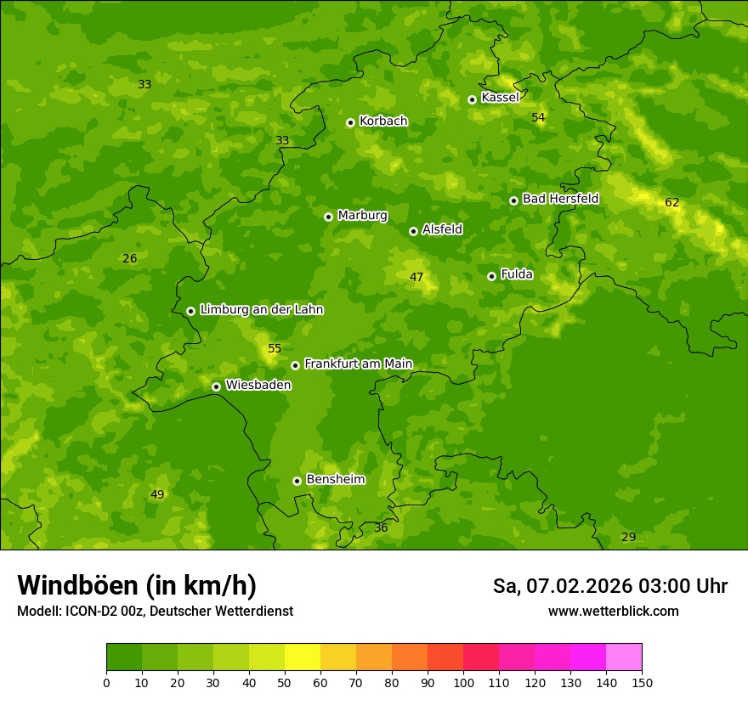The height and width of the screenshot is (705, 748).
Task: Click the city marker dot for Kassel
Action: click(x=472, y=99)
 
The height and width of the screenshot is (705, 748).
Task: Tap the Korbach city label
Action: click(x=383, y=121)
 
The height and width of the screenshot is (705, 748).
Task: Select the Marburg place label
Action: click(x=362, y=216)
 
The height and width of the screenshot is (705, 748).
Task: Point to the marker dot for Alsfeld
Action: click(x=413, y=231)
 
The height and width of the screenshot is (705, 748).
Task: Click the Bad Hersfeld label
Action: click(x=560, y=199)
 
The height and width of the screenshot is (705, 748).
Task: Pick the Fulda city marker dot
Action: click(x=491, y=276)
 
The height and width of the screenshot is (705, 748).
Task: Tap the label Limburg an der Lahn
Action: click(x=261, y=310)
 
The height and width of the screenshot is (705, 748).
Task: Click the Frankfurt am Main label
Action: click(x=358, y=364)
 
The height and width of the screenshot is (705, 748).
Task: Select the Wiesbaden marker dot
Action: click(x=216, y=386)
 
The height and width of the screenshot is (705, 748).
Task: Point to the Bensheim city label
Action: click(x=335, y=479)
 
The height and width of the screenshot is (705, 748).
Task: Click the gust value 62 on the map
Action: click(x=671, y=202)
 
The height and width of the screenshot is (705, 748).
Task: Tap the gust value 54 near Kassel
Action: click(x=538, y=117)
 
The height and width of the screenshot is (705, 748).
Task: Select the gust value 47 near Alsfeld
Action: click(x=416, y=277)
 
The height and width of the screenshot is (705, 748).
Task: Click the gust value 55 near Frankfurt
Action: click(x=274, y=348)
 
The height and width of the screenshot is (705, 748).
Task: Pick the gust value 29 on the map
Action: click(x=628, y=537)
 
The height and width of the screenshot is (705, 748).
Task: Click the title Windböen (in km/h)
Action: click(x=137, y=585)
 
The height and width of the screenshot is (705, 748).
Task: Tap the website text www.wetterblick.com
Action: click(x=613, y=611)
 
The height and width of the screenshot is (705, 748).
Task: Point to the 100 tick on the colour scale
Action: click(x=463, y=681)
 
